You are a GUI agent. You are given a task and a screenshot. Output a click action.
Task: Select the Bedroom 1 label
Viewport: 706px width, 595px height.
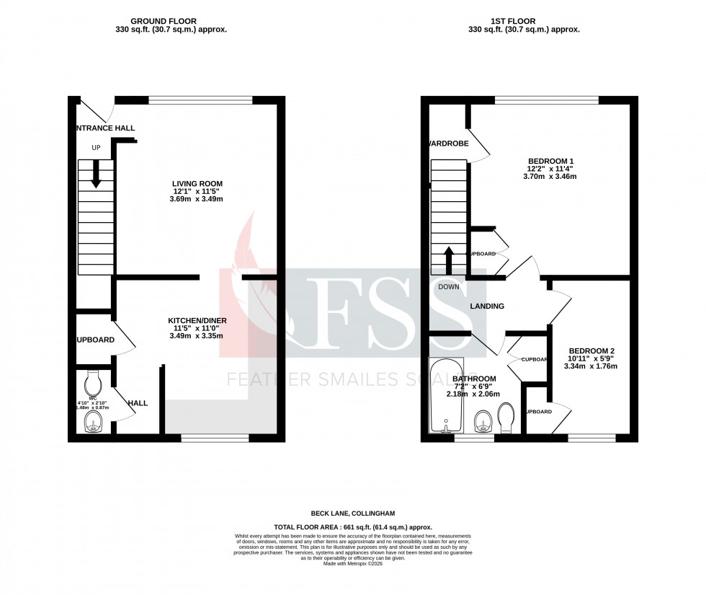pyautogui.click(x=551, y=161)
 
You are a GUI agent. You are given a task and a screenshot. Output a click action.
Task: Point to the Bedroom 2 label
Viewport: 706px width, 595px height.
pyautogui.click(x=590, y=351)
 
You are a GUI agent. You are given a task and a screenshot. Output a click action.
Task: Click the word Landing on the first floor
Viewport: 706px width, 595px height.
pyautogui.click(x=487, y=307)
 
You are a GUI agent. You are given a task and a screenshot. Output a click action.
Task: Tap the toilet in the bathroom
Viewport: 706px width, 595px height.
pyautogui.click(x=506, y=417)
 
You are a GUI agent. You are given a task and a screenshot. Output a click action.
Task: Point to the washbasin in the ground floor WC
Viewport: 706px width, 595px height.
pyautogui.click(x=94, y=426)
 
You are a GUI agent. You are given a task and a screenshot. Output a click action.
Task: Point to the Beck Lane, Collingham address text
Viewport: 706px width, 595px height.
pyautogui.click(x=352, y=513)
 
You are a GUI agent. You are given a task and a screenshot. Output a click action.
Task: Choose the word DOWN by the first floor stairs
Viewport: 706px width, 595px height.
pyautogui.click(x=448, y=286)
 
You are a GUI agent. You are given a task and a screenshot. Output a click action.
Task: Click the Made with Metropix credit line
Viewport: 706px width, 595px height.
pyautogui.click(x=352, y=563)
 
